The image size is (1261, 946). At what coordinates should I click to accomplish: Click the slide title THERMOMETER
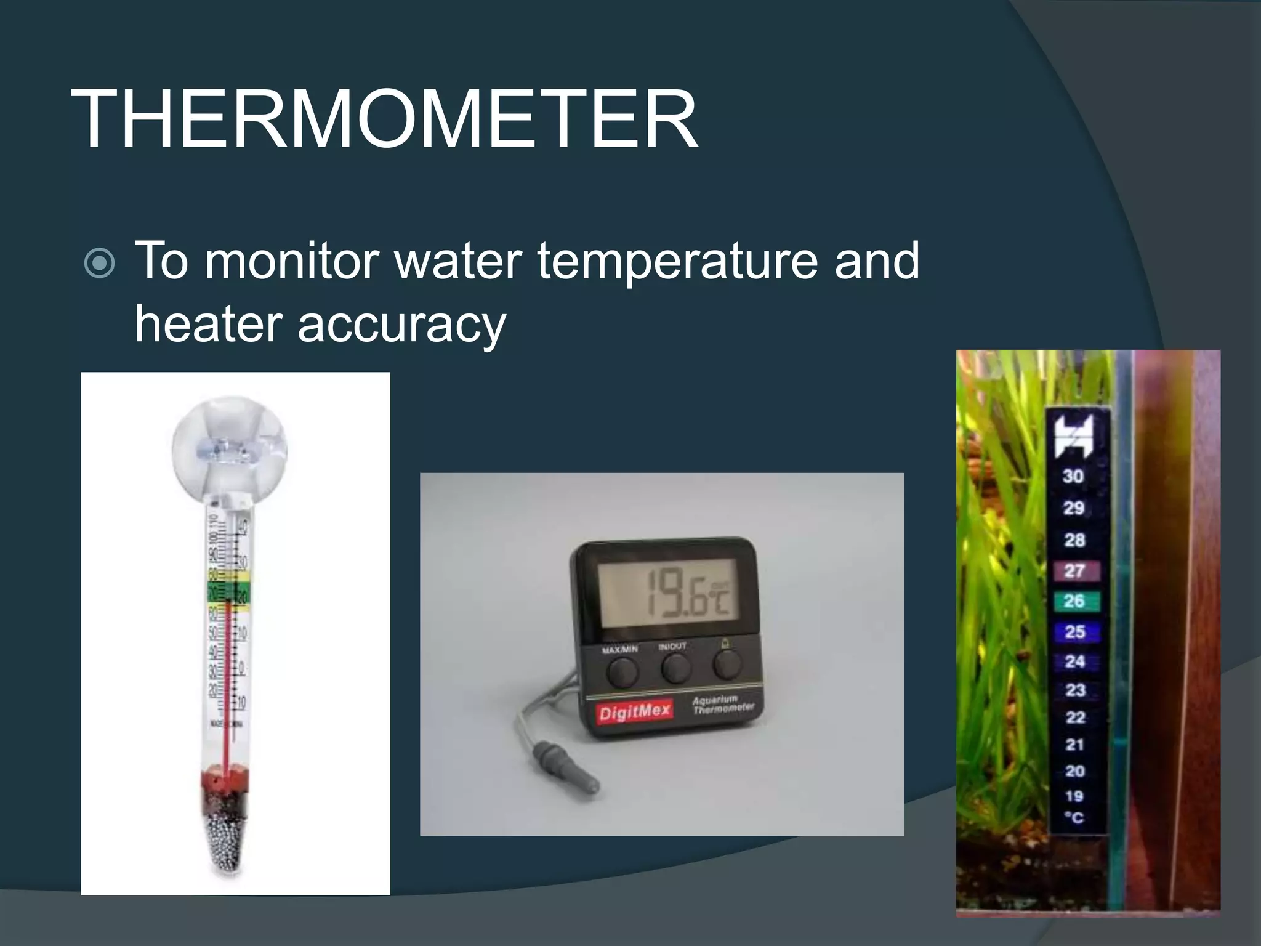coord(385,119)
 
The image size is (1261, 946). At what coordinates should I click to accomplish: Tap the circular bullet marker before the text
coord(99,264)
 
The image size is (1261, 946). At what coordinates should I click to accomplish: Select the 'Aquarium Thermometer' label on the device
coord(722,705)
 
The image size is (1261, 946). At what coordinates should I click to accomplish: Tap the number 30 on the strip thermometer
coord(1073,476)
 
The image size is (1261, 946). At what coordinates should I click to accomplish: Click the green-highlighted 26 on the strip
coord(1074,601)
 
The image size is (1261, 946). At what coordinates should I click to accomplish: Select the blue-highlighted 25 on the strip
coord(1075,632)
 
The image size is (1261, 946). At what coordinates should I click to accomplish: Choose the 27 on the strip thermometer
coord(1074,571)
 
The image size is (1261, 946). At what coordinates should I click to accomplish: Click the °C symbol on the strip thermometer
coord(1074,818)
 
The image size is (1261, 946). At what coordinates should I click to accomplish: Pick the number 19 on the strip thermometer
coord(1074,796)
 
